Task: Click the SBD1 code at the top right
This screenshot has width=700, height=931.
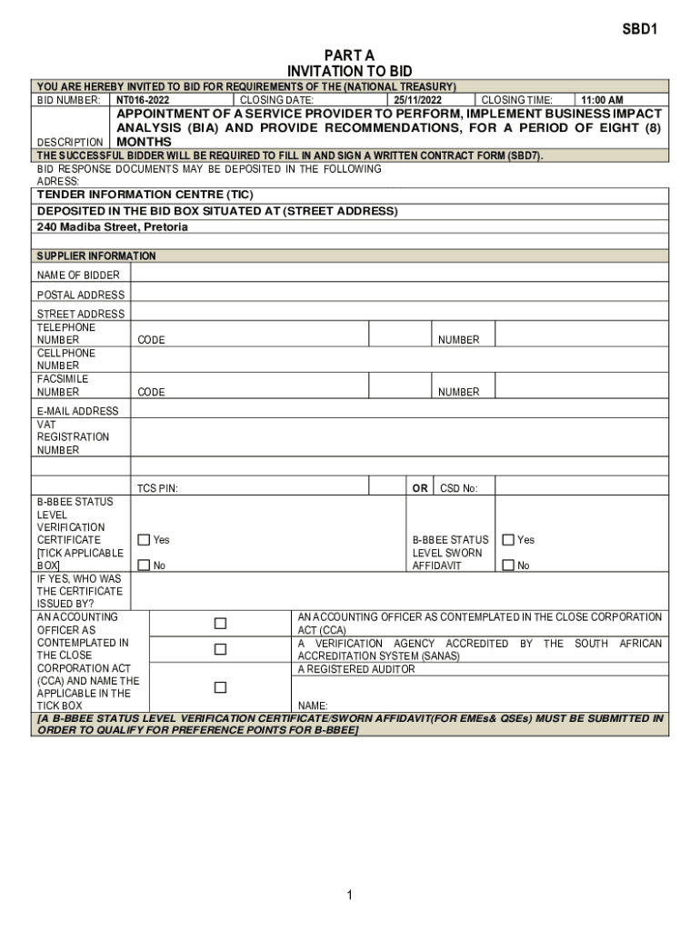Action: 639,29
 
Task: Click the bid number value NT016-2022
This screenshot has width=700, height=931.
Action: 143,100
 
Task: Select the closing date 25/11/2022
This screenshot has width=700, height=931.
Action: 417,100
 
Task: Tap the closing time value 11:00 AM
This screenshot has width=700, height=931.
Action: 603,100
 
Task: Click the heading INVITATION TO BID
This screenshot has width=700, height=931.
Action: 349,71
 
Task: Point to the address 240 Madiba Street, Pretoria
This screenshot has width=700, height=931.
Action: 113,226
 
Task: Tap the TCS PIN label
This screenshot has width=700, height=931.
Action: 157,488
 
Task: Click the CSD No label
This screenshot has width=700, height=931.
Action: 458,488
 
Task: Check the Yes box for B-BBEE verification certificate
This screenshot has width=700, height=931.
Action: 144,540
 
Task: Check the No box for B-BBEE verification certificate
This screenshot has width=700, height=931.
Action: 144,566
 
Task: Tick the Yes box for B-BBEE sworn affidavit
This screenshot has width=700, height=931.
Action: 508,540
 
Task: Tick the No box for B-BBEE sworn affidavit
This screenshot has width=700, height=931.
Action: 508,566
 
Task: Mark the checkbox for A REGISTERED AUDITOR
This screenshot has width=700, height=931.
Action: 220,687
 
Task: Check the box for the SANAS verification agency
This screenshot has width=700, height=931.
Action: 220,649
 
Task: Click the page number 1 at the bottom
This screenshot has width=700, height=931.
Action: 349,896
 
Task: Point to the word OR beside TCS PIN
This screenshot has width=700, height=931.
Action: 420,488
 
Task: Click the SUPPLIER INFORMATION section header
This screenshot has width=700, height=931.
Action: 96,256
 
